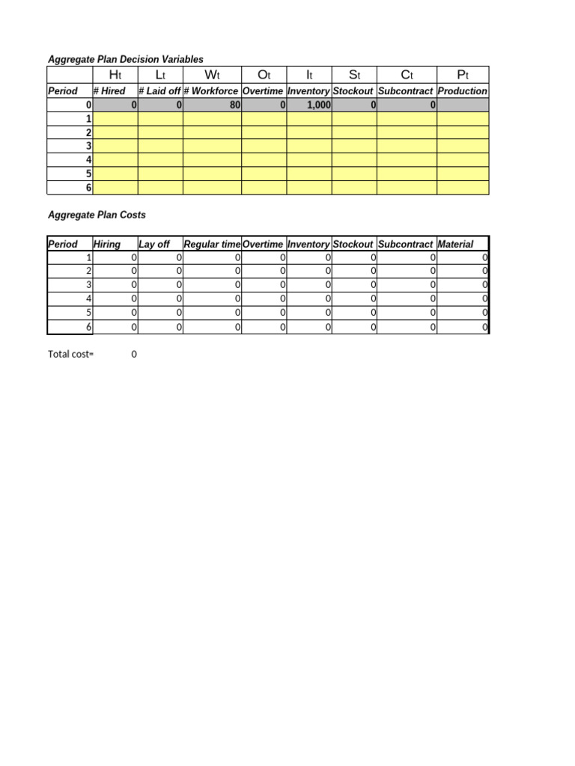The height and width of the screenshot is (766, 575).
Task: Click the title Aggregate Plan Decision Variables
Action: click(125, 59)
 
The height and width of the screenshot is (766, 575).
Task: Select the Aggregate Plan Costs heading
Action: click(97, 215)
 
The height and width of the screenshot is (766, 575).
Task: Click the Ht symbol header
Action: click(115, 75)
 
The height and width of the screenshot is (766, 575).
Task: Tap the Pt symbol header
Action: click(463, 75)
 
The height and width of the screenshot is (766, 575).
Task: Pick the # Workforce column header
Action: click(212, 91)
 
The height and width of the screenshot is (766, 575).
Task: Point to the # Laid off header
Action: click(159, 91)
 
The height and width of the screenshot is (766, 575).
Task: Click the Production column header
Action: click(462, 91)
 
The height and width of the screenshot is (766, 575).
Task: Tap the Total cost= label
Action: click(71, 355)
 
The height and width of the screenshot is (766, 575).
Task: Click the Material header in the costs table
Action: click(455, 245)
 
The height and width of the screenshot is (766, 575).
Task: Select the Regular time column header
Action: click(212, 245)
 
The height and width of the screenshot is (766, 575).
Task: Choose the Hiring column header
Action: click(106, 245)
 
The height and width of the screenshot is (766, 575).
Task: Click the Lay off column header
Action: click(154, 245)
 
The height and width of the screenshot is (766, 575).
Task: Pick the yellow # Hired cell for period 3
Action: click(115, 146)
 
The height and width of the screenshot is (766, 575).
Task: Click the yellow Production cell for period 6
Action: click(463, 188)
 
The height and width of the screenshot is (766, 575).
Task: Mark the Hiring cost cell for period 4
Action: click(115, 299)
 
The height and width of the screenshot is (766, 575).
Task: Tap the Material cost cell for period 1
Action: click(463, 258)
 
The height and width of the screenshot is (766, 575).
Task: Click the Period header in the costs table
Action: click(62, 245)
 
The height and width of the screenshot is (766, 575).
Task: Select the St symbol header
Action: click(354, 75)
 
